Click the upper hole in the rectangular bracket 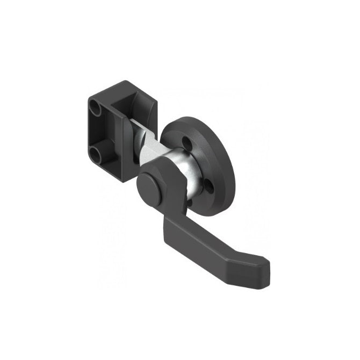pos(96,106)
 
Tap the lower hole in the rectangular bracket pos(96,155)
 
